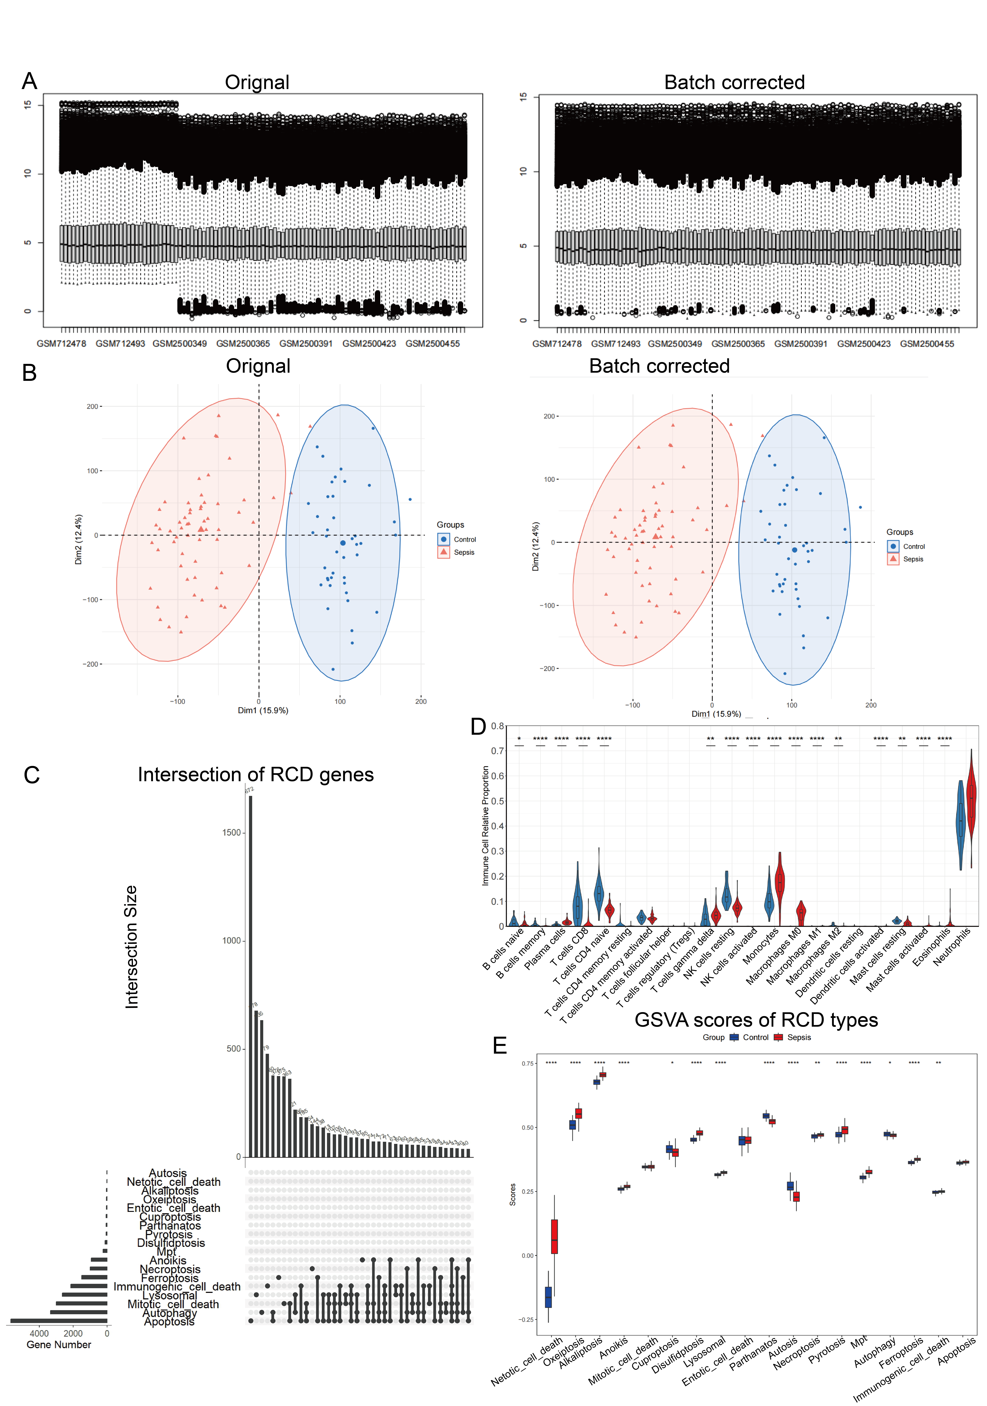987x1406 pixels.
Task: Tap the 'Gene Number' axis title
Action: pyautogui.click(x=59, y=1345)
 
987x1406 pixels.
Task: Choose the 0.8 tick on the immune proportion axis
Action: pyautogui.click(x=497, y=726)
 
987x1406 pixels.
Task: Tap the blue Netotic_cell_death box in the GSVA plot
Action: pyautogui.click(x=548, y=1296)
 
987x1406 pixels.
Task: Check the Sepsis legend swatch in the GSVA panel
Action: pyautogui.click(x=778, y=1037)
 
